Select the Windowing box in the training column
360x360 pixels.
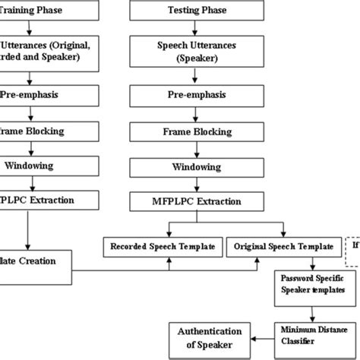(x=38, y=166)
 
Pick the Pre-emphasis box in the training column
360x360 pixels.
(x=38, y=96)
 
